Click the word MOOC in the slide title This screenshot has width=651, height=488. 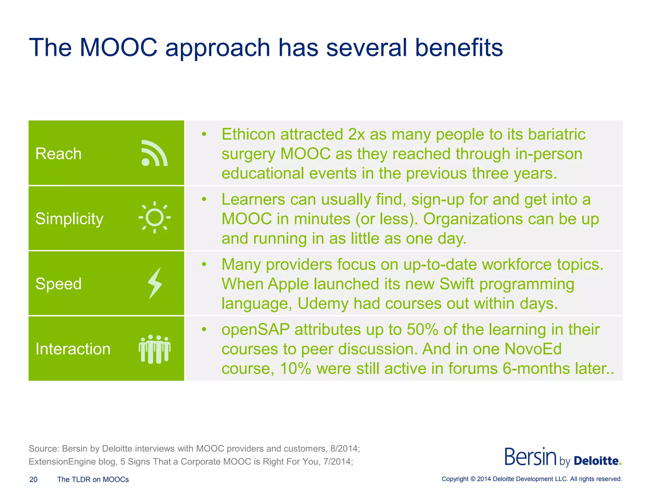118,48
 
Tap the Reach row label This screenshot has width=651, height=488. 58,154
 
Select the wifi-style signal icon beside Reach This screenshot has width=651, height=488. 154,153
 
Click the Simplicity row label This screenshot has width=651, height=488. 69,219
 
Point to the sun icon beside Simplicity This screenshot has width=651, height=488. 154,218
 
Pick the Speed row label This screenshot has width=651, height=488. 58,284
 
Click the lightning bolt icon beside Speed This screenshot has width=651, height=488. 155,283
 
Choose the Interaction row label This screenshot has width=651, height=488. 73,349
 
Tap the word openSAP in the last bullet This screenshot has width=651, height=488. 256,329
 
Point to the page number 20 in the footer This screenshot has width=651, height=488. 33,479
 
